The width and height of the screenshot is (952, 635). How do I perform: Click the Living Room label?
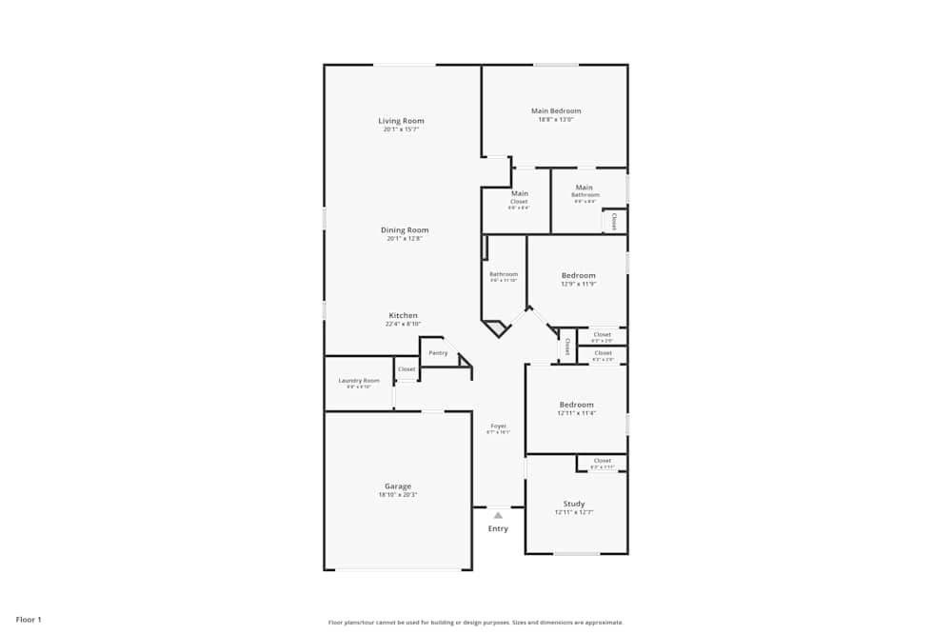point(401,121)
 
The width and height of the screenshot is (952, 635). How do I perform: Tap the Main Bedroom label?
point(556,111)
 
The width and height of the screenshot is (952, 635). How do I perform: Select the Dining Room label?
point(405,230)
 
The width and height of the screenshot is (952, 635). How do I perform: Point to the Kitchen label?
point(403,316)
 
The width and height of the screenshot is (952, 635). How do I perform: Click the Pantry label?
point(438,353)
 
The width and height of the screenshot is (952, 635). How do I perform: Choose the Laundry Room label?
point(359,381)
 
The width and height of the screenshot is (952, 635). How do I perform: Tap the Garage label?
point(398,486)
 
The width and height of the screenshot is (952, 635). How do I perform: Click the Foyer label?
point(498,426)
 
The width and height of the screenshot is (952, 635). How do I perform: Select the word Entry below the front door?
point(498,528)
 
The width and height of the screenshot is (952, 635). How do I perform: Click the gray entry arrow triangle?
point(497,515)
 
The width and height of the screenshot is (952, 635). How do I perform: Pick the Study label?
point(574,504)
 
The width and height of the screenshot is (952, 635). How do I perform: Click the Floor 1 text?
point(29,620)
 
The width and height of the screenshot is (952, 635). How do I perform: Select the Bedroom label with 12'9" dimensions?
point(578,276)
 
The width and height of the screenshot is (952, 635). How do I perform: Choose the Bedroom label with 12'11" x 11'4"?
point(576,405)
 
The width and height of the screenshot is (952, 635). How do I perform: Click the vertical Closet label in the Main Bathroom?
point(614,221)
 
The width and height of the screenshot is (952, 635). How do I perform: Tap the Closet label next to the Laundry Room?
point(407,369)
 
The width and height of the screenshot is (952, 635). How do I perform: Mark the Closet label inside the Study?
point(602,461)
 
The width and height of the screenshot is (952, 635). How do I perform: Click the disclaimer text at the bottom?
point(476,623)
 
